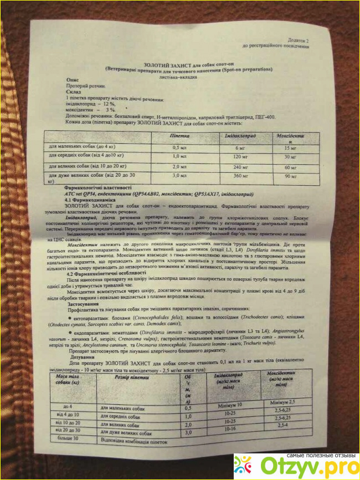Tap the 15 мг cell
pyautogui.click(x=291, y=149)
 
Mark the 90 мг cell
pyautogui.click(x=291, y=177)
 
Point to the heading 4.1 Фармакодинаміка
pyautogui.click(x=92, y=200)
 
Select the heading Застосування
pyautogui.click(x=83, y=304)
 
